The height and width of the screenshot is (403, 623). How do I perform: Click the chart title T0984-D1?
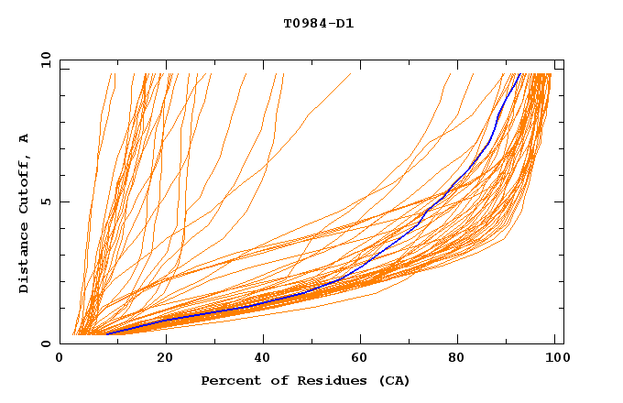tap(318, 24)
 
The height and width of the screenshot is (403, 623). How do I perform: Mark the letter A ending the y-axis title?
tap(25, 138)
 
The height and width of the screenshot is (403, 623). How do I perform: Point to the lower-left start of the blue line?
tap(107, 333)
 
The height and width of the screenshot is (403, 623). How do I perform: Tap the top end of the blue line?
tap(519, 74)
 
